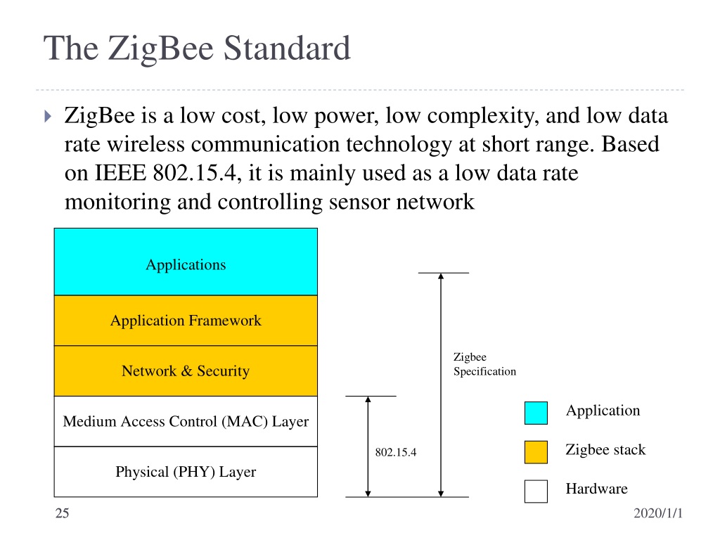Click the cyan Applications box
pyautogui.click(x=186, y=262)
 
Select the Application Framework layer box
pyautogui.click(x=186, y=321)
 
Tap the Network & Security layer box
pyautogui.click(x=186, y=371)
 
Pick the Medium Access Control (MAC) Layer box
pyautogui.click(x=186, y=422)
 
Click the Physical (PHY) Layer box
pyautogui.click(x=186, y=472)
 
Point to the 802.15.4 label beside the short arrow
pyautogui.click(x=396, y=452)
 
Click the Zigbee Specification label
pyautogui.click(x=484, y=364)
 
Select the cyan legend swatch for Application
pyautogui.click(x=536, y=413)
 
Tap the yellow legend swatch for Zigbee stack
pyautogui.click(x=536, y=452)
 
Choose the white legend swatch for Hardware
pyautogui.click(x=536, y=491)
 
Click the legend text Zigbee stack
pyautogui.click(x=605, y=449)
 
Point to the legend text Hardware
pyautogui.click(x=596, y=489)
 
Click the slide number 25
pyautogui.click(x=62, y=513)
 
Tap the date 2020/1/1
pyautogui.click(x=658, y=513)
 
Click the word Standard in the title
pyautogui.click(x=287, y=49)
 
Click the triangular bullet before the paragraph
pyautogui.click(x=48, y=116)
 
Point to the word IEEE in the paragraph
pyautogui.click(x=120, y=173)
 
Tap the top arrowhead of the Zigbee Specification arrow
pyautogui.click(x=441, y=276)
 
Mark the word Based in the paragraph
pyautogui.click(x=630, y=144)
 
